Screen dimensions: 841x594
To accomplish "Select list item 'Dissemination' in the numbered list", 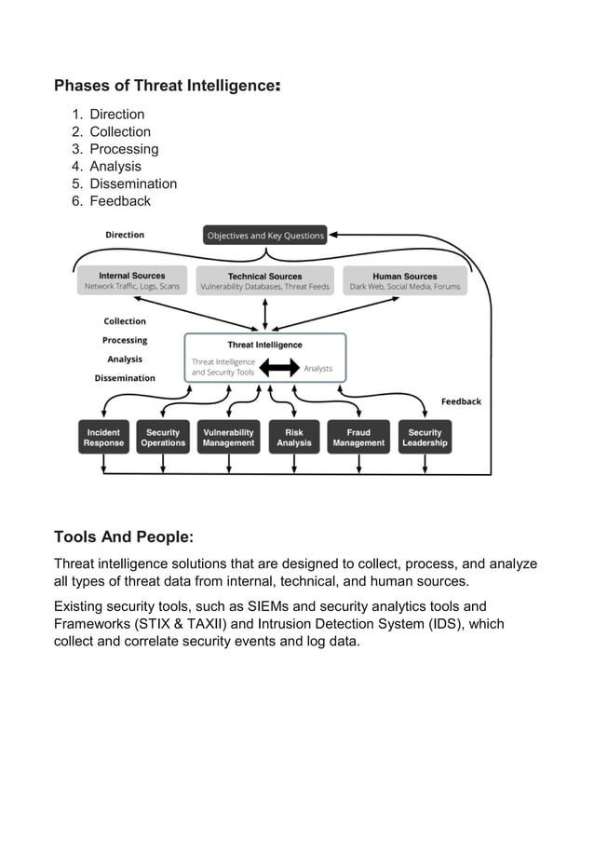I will (x=132, y=183).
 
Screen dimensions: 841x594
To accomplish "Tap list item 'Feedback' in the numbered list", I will (x=119, y=201).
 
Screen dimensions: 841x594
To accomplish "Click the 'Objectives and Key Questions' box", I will (x=265, y=236).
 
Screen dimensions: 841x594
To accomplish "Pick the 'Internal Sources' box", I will (x=132, y=280).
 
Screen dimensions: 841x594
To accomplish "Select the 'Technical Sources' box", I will (x=265, y=280).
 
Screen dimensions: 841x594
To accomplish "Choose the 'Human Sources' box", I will (x=405, y=280).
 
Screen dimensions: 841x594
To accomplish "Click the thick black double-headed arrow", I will (x=278, y=369).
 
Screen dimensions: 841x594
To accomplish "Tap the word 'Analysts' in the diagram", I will (x=318, y=369).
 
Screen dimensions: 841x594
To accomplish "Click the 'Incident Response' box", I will (x=103, y=438).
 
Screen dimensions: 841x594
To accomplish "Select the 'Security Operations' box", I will (x=163, y=438).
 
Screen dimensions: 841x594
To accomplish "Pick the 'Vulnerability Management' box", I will (x=228, y=438).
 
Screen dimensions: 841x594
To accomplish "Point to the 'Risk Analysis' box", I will (x=294, y=438).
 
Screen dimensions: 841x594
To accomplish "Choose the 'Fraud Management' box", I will (x=358, y=438).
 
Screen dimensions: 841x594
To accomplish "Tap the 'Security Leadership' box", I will (x=425, y=438).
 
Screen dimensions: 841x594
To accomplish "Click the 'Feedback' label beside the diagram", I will (x=461, y=401).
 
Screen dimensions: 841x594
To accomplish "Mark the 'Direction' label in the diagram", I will (x=125, y=235).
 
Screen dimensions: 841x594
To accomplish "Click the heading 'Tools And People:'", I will (x=124, y=537).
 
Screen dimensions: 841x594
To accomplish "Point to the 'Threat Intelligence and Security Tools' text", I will (x=223, y=367).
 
